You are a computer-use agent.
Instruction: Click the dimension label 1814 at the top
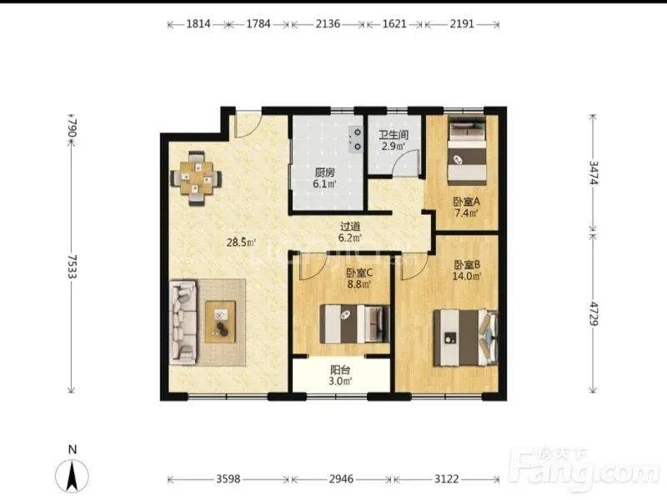[198, 24]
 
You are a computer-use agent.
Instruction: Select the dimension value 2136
[328, 24]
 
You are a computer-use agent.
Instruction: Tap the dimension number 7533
[72, 267]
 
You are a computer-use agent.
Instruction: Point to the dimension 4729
[594, 313]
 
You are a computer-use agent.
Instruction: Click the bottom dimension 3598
[228, 479]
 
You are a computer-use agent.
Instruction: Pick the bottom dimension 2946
[341, 479]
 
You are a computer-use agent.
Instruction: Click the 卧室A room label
[467, 202]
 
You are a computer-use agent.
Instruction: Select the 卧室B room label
[467, 265]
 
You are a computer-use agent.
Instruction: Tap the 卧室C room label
[359, 273]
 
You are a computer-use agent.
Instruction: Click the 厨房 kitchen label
[324, 172]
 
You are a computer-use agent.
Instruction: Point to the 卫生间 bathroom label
[394, 135]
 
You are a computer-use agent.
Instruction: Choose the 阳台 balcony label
[340, 370]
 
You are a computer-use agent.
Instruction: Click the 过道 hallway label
[349, 227]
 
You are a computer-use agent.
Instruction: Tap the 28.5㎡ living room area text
[241, 242]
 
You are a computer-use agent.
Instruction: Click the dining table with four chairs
[196, 178]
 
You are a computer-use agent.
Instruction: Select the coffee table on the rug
[220, 322]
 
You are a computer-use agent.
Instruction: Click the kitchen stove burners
[356, 139]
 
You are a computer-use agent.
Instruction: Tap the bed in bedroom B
[465, 338]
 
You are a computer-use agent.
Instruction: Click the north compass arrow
[73, 476]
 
